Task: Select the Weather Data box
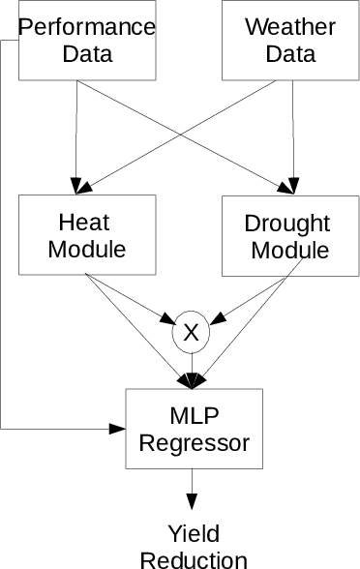[281, 40]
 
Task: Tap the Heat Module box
[87, 235]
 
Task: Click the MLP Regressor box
[194, 429]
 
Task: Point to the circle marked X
[191, 333]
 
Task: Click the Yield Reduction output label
[194, 547]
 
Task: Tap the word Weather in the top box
[281, 26]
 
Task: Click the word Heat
[87, 223]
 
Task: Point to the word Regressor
[194, 443]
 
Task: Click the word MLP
[194, 416]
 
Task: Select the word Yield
[194, 533]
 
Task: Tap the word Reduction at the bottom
[194, 559]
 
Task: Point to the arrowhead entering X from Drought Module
[219, 318]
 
